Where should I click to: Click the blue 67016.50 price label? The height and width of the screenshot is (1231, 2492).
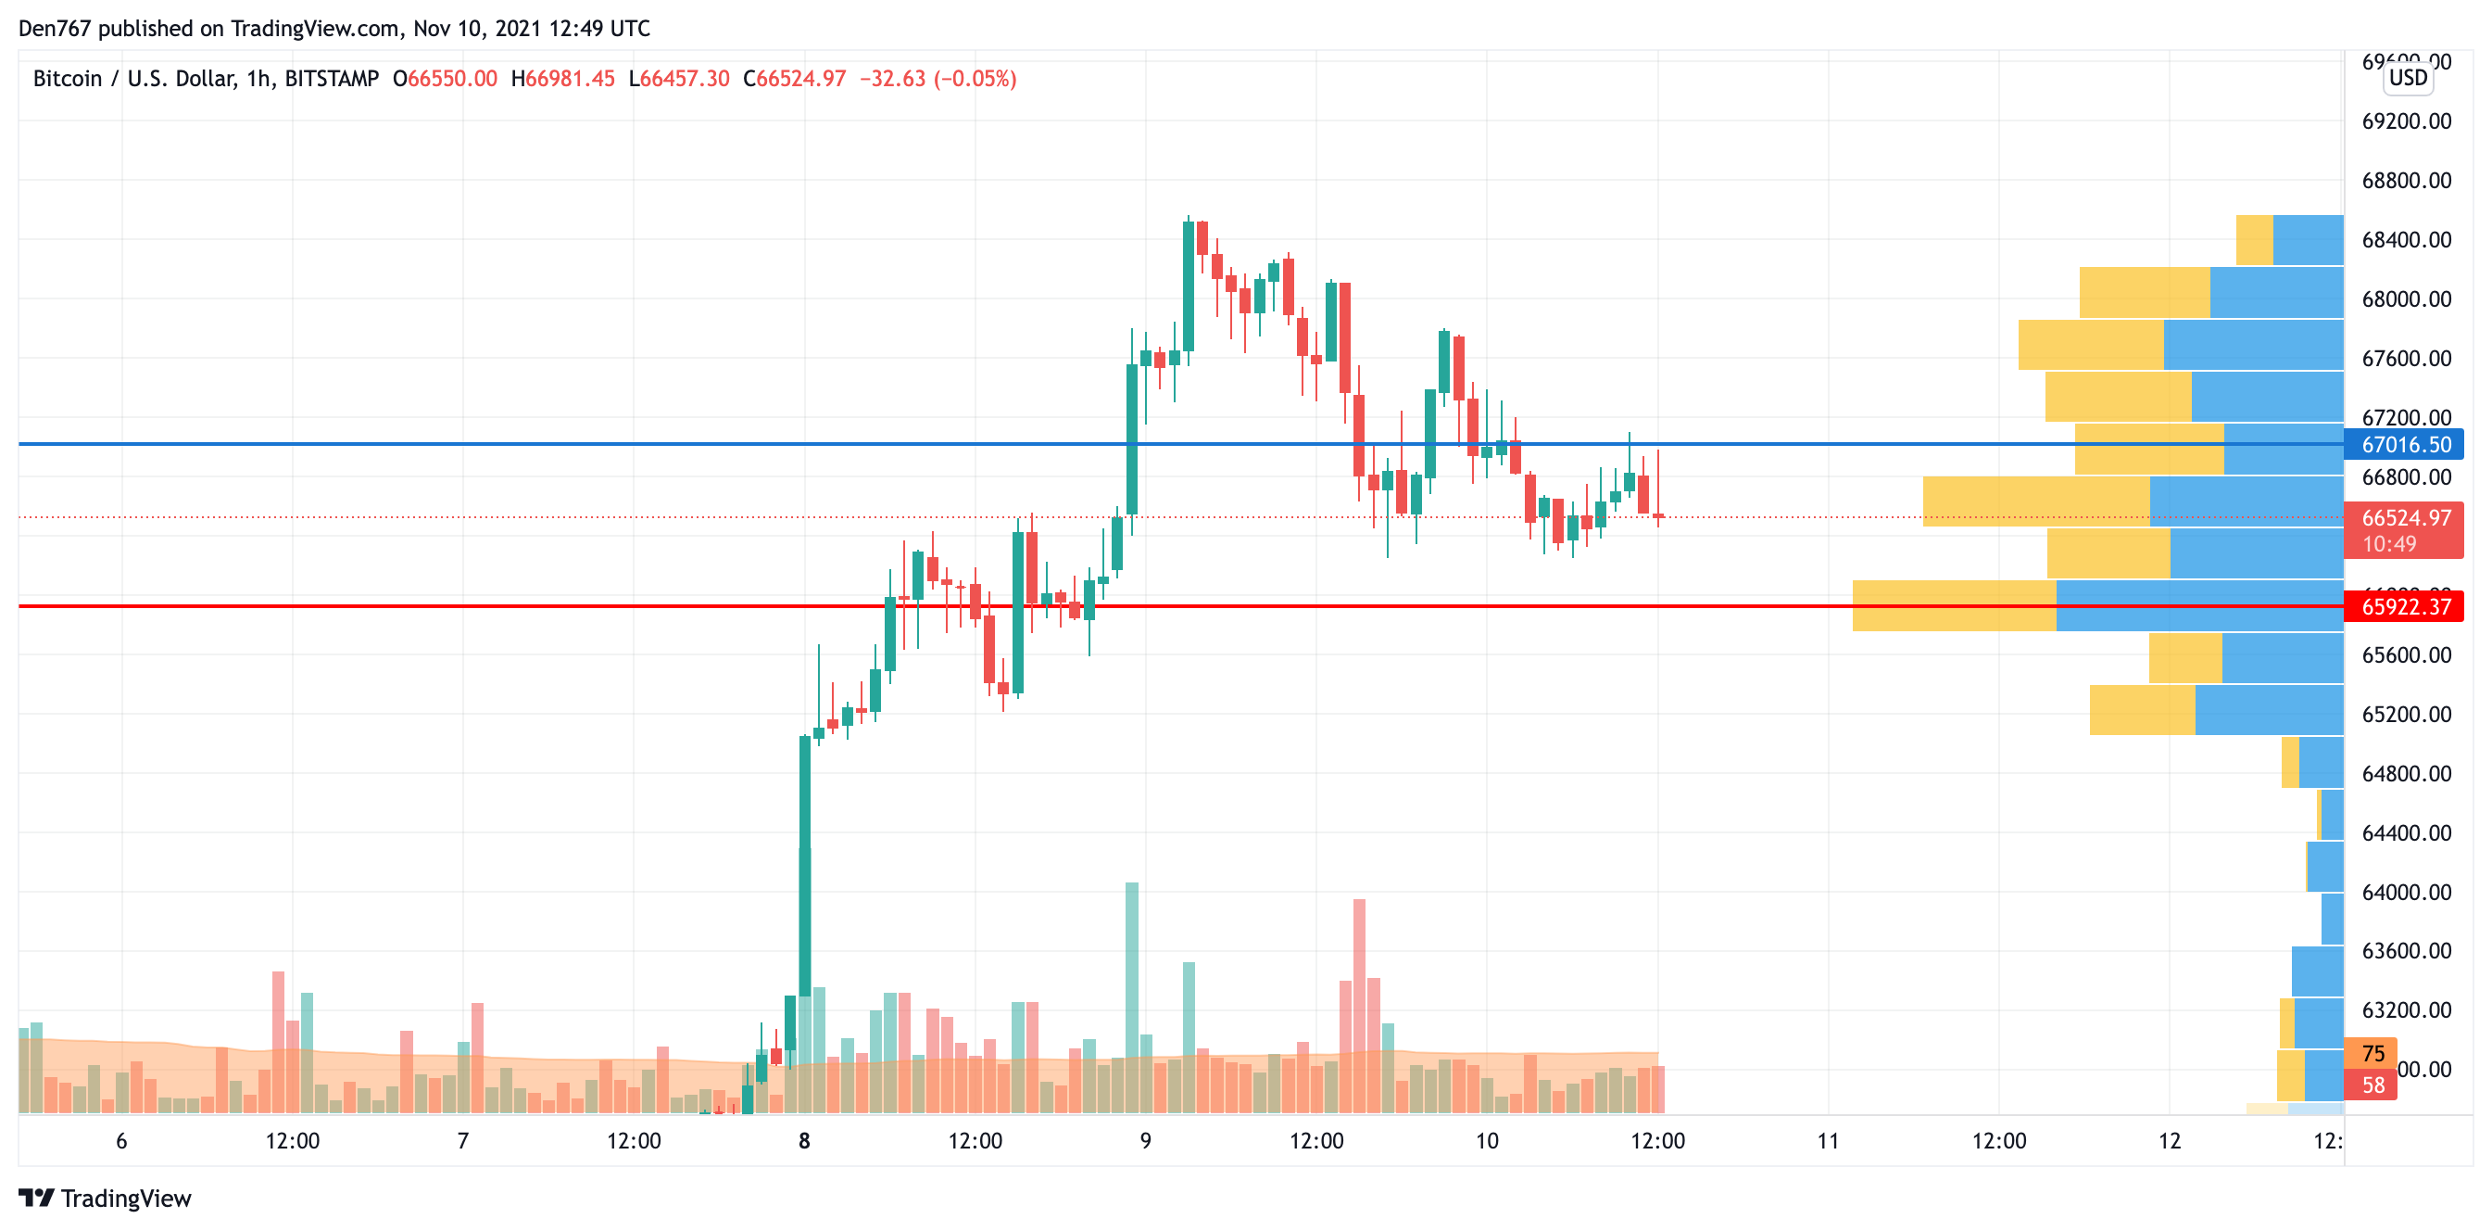[2405, 444]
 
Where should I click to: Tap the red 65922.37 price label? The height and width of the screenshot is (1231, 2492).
[2405, 607]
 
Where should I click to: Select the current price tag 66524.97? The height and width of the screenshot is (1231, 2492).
[2405, 519]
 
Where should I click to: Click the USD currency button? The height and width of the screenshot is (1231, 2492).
[2407, 78]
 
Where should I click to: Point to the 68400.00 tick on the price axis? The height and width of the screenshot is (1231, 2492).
[2406, 240]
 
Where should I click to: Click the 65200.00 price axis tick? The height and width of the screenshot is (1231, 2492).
[2406, 714]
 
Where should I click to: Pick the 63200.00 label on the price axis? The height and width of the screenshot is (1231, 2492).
[2406, 1010]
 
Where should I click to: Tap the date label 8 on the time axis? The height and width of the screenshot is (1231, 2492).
[804, 1141]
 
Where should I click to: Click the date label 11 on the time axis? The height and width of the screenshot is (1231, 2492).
[1828, 1141]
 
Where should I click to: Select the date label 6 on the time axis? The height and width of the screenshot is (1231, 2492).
[121, 1141]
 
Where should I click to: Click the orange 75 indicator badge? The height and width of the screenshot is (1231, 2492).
[2372, 1054]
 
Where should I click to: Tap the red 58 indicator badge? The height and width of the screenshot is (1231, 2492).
[2372, 1085]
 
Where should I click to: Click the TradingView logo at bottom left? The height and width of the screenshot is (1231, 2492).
[105, 1199]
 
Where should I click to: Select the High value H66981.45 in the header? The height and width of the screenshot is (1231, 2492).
[563, 79]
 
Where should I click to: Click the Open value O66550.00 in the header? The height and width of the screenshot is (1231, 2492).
[445, 79]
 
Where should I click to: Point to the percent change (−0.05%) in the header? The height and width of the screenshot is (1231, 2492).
[975, 79]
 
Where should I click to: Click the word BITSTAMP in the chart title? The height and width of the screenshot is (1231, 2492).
[332, 79]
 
